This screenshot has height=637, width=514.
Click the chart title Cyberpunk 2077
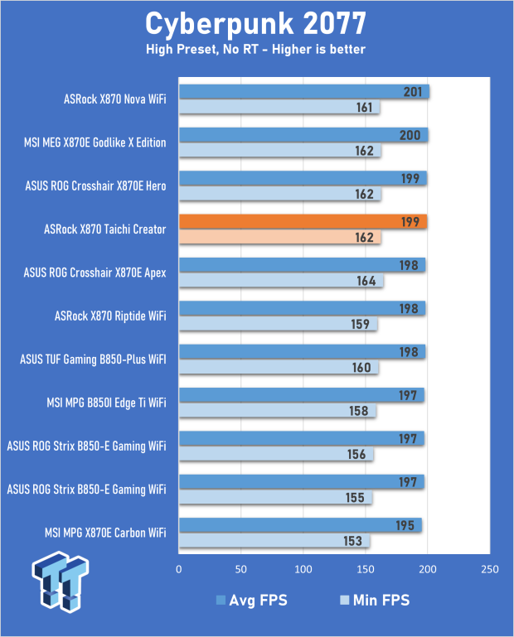point(256,22)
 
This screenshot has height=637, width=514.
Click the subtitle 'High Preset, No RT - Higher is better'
point(256,50)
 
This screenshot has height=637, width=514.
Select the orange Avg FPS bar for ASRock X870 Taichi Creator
point(303,221)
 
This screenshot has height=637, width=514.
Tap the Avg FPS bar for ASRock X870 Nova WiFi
point(303,91)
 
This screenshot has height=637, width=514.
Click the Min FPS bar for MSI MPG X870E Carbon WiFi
point(274,541)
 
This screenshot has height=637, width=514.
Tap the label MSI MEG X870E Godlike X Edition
point(95,142)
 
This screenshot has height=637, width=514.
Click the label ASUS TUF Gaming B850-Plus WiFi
point(93,360)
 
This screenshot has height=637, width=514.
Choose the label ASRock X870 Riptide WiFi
point(109,316)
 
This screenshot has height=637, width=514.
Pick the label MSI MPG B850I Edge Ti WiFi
point(106,403)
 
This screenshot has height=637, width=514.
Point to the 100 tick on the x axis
point(303,570)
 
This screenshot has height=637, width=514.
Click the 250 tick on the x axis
point(489,570)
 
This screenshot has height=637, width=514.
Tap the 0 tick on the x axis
point(179,570)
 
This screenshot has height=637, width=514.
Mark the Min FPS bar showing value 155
point(274,498)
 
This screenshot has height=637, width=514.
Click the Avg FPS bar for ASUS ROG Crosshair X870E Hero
point(303,178)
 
